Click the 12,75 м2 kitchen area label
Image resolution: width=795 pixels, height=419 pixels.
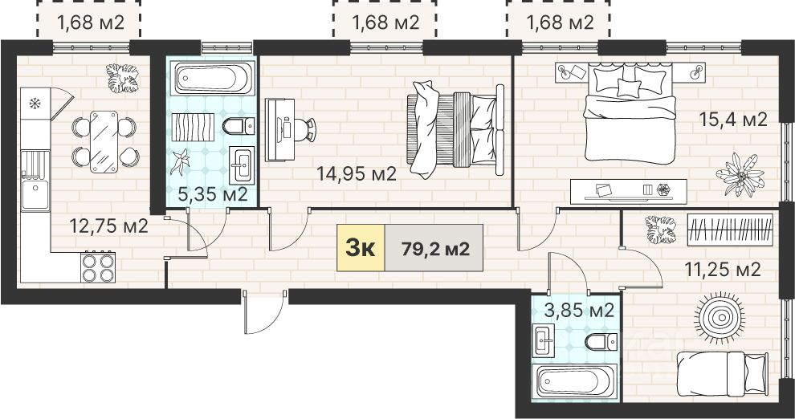tap(108, 226)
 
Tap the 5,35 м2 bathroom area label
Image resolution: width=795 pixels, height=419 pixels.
tap(213, 194)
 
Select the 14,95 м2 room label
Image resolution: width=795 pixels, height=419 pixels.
tap(357, 174)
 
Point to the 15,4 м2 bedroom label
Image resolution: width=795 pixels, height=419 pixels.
tap(733, 120)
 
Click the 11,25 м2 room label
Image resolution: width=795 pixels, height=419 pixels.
tap(723, 270)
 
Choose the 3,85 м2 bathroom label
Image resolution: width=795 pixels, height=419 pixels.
tap(579, 310)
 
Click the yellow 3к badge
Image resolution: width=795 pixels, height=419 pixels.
tap(361, 248)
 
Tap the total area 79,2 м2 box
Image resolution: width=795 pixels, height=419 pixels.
tap(434, 248)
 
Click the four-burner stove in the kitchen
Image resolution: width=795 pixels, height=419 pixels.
tap(98, 267)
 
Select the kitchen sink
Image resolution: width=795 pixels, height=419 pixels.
tap(35, 181)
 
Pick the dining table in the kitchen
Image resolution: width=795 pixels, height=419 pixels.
tap(104, 142)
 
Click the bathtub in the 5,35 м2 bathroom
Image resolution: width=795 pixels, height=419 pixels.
tap(212, 79)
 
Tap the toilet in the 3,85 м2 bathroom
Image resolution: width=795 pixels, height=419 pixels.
tap(601, 342)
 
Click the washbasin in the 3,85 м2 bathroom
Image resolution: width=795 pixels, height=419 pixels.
tap(544, 340)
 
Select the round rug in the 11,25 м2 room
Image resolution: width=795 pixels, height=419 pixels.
tap(720, 318)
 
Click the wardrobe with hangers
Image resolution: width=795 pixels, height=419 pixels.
tap(730, 230)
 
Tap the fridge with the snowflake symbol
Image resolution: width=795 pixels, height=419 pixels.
tap(35, 104)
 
